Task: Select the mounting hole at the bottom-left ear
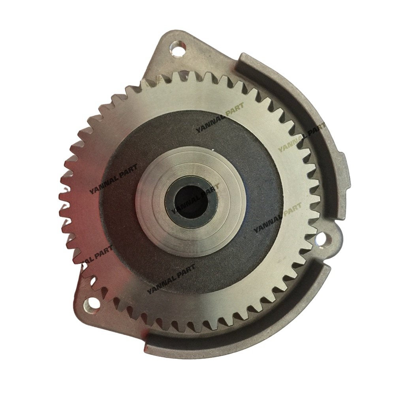(x=92, y=304)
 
